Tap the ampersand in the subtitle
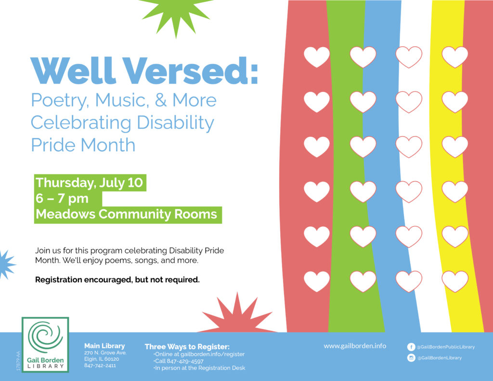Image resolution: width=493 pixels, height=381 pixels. (x=161, y=100)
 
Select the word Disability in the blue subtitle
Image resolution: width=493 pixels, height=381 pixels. (x=175, y=123)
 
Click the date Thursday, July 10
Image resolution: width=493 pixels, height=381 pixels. (x=89, y=183)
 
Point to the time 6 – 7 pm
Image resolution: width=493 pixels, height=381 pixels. (x=62, y=198)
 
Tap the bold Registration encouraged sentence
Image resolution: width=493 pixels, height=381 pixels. (x=117, y=280)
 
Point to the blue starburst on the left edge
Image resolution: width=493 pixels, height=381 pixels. (x=6, y=264)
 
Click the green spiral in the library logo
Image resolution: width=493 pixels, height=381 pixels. (x=45, y=336)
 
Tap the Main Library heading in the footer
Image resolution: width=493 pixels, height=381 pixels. (x=104, y=346)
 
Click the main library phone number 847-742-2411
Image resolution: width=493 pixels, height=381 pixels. (x=100, y=365)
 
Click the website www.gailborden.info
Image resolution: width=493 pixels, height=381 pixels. (x=355, y=346)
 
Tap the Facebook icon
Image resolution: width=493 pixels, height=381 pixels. (x=411, y=347)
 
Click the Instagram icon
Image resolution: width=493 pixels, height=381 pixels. (x=411, y=358)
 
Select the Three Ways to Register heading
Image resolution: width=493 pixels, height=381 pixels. (x=187, y=347)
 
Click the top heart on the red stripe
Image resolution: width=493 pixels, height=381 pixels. (x=317, y=57)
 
